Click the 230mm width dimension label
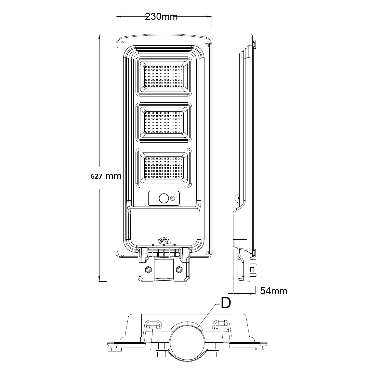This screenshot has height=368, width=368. click(x=161, y=17)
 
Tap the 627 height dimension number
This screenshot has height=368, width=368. click(x=96, y=176)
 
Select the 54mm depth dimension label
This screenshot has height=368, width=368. click(x=274, y=291)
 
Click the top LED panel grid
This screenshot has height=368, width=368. click(x=164, y=76)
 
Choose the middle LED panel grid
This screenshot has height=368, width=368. click(x=164, y=122)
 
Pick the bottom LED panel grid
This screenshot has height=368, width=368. click(x=164, y=168)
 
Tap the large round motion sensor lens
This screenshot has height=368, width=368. click(x=164, y=198)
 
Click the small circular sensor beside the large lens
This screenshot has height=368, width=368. click(x=173, y=198)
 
